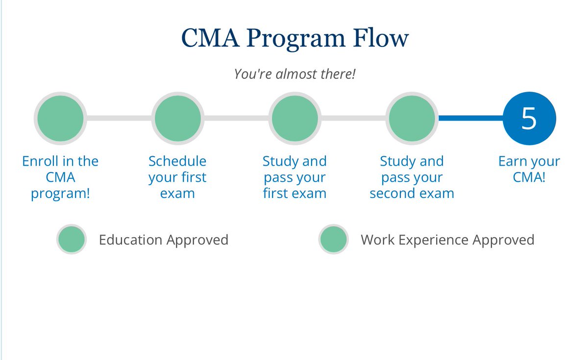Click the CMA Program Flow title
(x=294, y=39)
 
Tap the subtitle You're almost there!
(x=294, y=74)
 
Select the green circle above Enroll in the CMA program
(x=60, y=119)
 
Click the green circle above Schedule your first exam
(x=177, y=119)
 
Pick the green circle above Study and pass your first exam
(x=294, y=119)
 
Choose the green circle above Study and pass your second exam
(x=412, y=119)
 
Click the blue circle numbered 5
(x=529, y=119)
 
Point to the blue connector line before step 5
(x=470, y=118)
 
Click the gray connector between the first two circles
(x=119, y=118)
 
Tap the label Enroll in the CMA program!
(x=60, y=177)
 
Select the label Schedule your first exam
(x=177, y=177)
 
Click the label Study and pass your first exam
(x=294, y=177)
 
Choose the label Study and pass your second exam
(x=412, y=177)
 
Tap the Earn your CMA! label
(x=529, y=169)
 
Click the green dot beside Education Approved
(x=72, y=240)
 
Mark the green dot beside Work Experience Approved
(x=333, y=240)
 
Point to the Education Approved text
(x=164, y=240)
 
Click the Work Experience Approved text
(x=447, y=240)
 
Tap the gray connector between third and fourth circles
(x=353, y=118)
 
